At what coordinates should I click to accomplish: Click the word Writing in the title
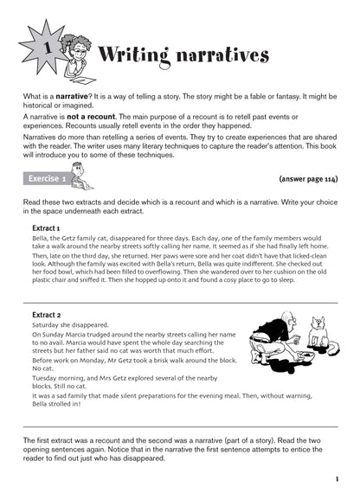pos(142,57)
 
